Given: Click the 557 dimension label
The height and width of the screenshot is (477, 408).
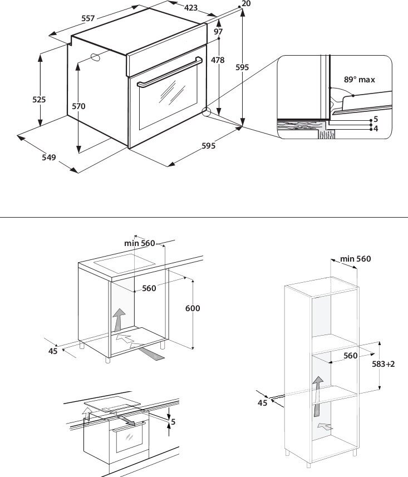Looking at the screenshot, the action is pos(87,18).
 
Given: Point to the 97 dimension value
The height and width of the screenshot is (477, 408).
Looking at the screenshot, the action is pos(218,32).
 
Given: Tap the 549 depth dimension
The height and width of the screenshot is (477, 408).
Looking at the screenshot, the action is pos(49,158).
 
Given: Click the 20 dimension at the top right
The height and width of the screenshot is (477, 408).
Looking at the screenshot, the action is pos(247,4).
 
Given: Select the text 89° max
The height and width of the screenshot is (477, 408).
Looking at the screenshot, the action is pos(359,80).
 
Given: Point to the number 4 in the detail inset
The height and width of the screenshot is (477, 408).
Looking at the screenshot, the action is pos(376,129).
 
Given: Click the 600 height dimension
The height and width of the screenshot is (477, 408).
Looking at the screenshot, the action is pos(193,308).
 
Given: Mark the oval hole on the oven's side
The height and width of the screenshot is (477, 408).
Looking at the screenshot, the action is pos(95,56).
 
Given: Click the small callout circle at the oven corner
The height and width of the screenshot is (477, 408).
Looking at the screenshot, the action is pos(207,112).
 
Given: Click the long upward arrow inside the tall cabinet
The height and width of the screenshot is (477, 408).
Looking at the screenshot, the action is pos(317,395).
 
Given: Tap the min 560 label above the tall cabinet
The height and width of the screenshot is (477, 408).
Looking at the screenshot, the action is pos(355,259).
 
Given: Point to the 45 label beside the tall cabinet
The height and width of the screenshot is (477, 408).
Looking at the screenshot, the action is pos(262,402).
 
